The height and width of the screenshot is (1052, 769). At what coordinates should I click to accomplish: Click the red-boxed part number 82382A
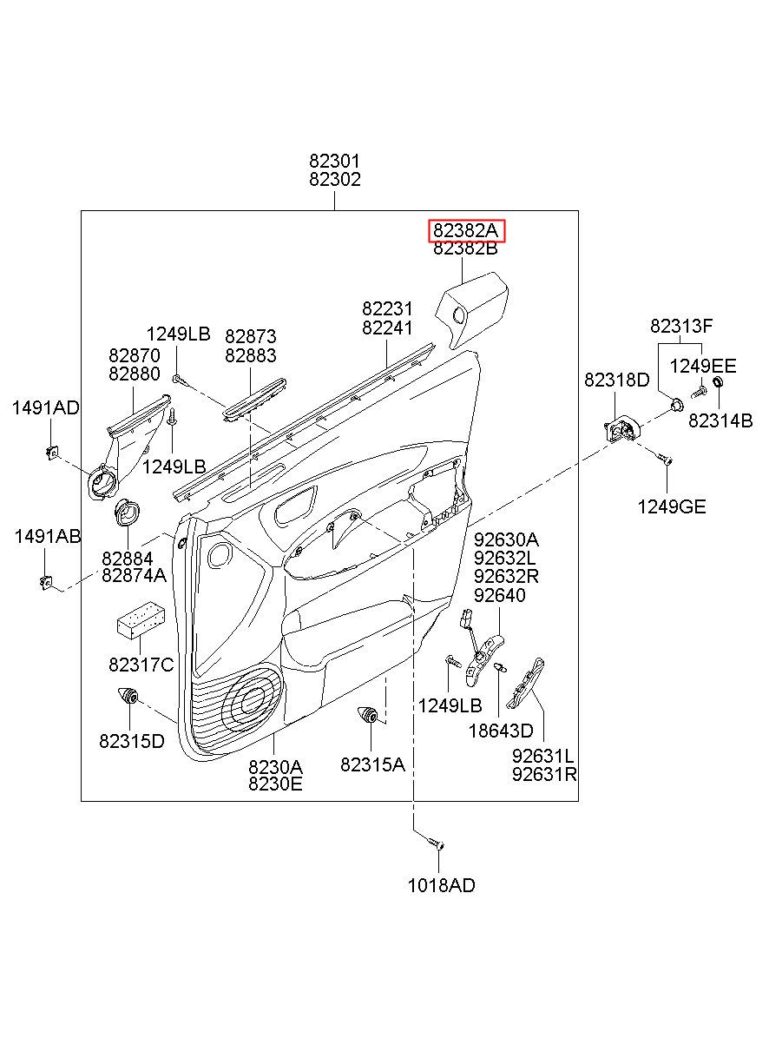(465, 230)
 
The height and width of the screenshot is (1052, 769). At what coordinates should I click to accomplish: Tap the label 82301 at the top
(334, 162)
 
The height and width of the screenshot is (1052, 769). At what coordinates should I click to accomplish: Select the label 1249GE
(672, 506)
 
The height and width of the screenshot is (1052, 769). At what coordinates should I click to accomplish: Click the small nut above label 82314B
(718, 381)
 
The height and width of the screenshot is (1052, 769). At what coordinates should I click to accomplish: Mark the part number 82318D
(616, 380)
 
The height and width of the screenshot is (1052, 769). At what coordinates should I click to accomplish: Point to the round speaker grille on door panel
(253, 702)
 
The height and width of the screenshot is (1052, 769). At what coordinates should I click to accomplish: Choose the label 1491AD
(45, 407)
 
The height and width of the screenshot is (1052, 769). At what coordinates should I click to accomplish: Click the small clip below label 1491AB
(46, 583)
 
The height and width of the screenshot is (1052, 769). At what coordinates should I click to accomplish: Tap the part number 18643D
(501, 731)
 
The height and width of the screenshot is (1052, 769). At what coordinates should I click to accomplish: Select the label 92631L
(542, 756)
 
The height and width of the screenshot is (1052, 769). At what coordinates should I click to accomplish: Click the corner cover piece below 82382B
(472, 310)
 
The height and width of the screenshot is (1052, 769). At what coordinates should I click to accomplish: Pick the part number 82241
(387, 328)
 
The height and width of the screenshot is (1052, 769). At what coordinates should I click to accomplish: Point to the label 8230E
(275, 784)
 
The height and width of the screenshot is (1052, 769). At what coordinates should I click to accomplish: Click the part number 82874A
(135, 575)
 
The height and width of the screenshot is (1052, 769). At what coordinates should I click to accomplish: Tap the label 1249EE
(702, 366)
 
